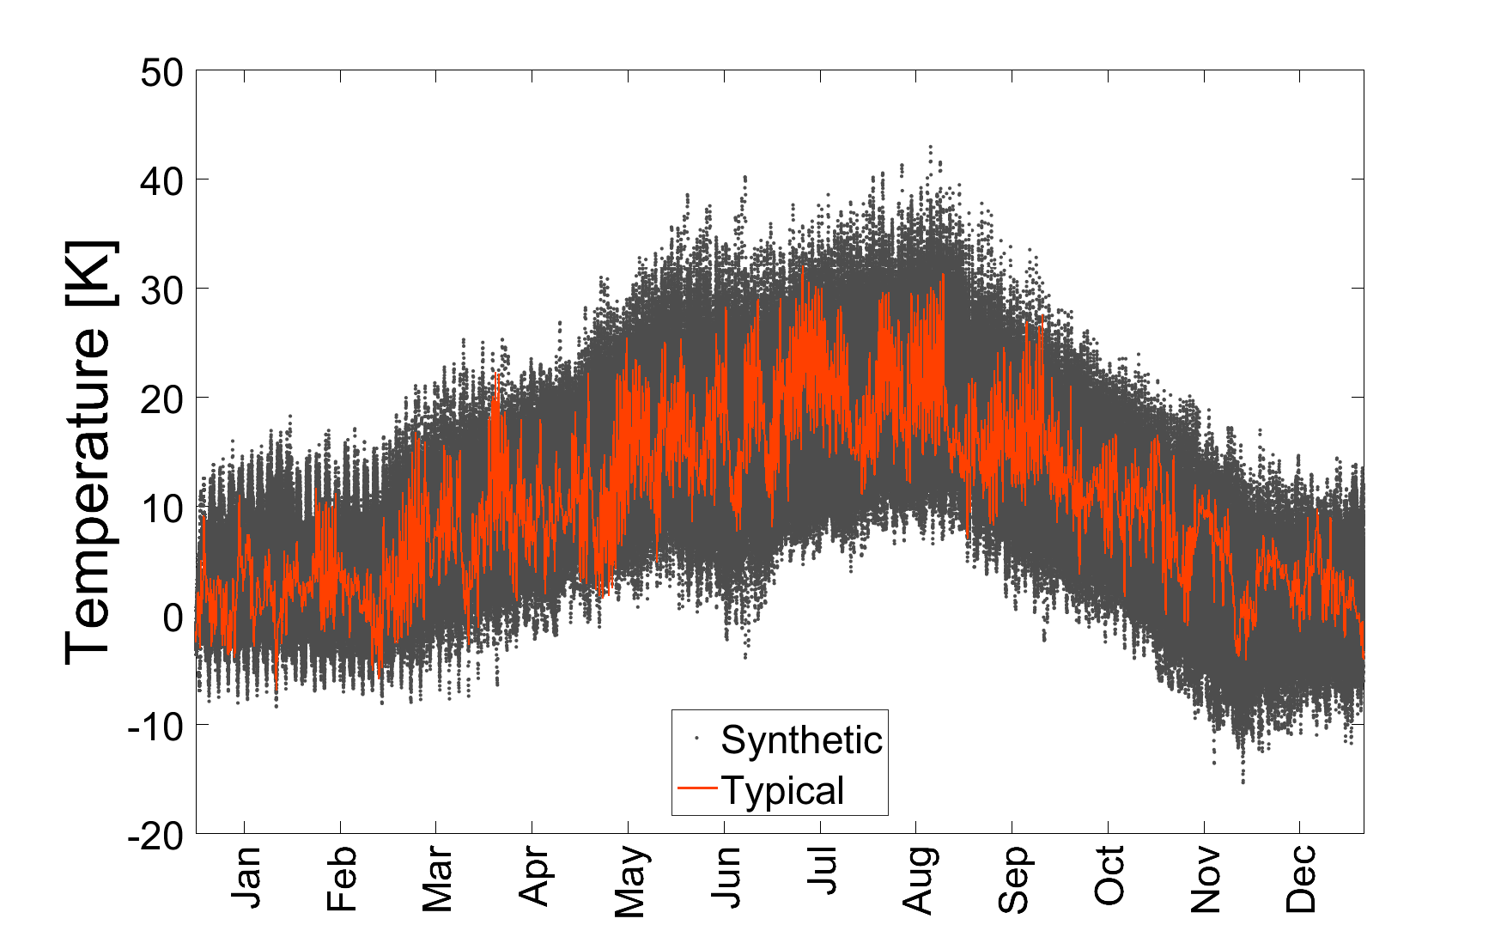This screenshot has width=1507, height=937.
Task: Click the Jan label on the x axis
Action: coord(246,877)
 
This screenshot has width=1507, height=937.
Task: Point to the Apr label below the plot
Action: coord(534,877)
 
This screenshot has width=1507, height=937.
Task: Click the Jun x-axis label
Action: coord(726,877)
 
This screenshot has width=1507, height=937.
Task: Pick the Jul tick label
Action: coord(823,871)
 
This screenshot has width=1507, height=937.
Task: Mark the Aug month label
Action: coord(919,881)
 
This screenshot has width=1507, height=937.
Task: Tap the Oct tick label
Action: coord(1110,875)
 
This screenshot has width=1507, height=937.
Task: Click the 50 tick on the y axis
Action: coord(161,72)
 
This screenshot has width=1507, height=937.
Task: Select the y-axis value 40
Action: coord(161,181)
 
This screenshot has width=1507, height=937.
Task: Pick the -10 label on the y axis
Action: coord(155,727)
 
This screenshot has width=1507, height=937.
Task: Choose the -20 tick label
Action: coord(155,836)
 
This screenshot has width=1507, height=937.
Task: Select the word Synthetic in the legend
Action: coord(801,740)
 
